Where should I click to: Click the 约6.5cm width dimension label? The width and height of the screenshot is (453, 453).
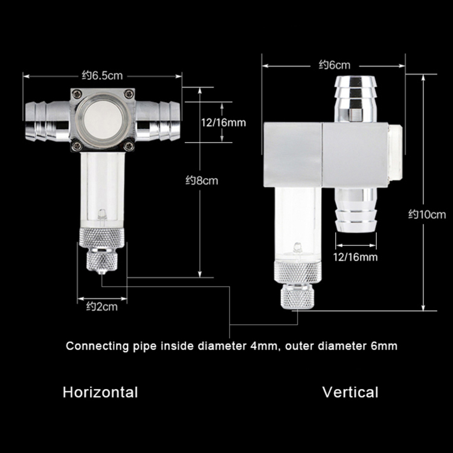(102, 75)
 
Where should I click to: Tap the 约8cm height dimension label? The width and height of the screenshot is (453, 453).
(202, 181)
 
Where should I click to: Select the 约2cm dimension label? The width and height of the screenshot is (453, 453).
(102, 306)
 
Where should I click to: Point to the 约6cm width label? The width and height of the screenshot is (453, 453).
(335, 65)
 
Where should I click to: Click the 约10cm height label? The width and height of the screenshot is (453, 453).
(427, 214)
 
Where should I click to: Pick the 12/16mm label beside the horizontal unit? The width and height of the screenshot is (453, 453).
(223, 123)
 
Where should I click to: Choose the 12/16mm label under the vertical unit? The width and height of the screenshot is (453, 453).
(355, 257)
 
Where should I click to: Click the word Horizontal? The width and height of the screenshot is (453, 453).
(100, 393)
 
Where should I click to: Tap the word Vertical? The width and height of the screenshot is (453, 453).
(350, 393)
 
